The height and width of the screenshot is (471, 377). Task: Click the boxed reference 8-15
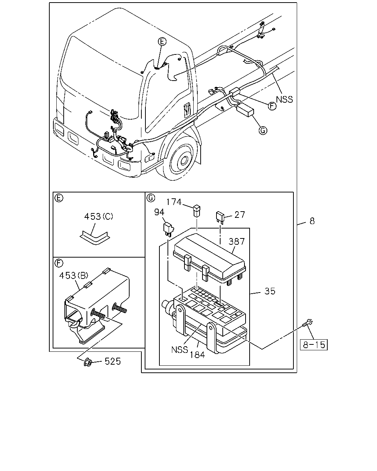pyautogui.click(x=313, y=345)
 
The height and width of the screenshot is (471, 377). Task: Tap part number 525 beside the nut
pyautogui.click(x=113, y=361)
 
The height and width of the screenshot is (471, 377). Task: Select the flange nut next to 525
pyautogui.click(x=88, y=362)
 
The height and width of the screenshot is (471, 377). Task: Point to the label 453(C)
pyautogui.click(x=99, y=216)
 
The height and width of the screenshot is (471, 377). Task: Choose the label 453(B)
pyautogui.click(x=74, y=275)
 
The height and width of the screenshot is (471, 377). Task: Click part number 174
pyautogui.click(x=174, y=202)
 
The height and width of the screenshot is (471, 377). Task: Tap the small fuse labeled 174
pyautogui.click(x=197, y=210)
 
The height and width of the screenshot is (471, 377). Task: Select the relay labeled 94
pyautogui.click(x=169, y=230)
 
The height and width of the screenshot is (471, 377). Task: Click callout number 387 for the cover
pyautogui.click(x=237, y=241)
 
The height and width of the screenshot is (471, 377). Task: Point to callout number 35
pyautogui.click(x=269, y=291)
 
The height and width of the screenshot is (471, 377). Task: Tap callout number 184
pyautogui.click(x=197, y=355)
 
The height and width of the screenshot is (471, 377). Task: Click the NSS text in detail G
pyautogui.click(x=180, y=350)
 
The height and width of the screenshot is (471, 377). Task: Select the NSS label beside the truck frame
pyautogui.click(x=284, y=99)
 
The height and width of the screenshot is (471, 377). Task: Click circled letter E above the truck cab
pyautogui.click(x=162, y=41)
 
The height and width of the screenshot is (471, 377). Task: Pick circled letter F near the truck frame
pyautogui.click(x=272, y=106)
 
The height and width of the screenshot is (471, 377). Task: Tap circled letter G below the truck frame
pyautogui.click(x=263, y=130)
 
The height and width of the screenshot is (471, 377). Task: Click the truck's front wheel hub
pyautogui.click(x=184, y=161)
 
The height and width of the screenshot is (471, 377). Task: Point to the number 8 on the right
pyautogui.click(x=312, y=221)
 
